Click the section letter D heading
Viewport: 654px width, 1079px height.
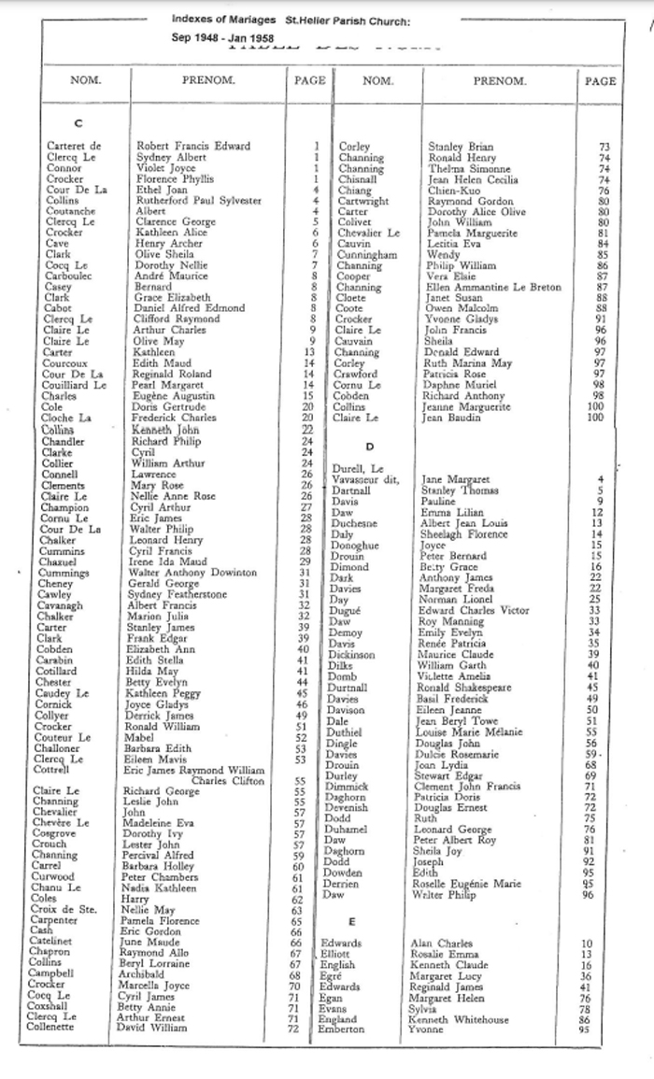pos(371,447)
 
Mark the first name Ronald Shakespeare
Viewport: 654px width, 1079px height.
pos(469,687)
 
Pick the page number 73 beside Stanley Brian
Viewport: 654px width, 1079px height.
pos(604,147)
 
